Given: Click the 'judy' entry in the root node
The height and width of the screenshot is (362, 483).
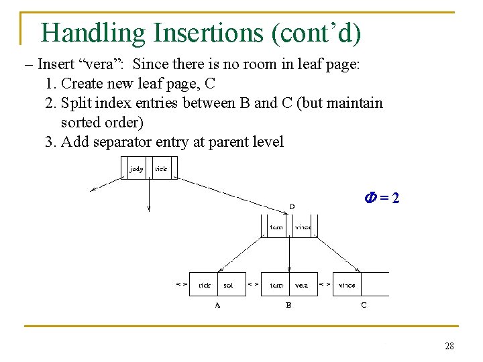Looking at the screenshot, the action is coord(136,169).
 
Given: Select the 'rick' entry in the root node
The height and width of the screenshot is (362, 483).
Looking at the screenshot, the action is coord(162,169).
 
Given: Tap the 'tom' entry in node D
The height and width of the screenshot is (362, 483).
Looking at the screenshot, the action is coord(276,227).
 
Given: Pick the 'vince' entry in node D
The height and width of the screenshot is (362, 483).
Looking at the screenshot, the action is coord(303,227).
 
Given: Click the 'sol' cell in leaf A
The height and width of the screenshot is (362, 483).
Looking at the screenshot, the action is coord(228,285).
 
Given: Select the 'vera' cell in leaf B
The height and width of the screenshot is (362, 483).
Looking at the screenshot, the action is coord(302,285).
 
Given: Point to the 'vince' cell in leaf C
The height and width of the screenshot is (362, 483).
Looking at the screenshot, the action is coord(347,285).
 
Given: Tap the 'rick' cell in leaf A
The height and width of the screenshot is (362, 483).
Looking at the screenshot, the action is coord(205,285).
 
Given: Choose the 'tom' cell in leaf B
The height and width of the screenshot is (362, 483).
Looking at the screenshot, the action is coord(276,285).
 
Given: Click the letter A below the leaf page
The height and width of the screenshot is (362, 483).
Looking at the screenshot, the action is coord(217,306).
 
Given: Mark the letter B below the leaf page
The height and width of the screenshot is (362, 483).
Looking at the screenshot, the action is coord(288,306).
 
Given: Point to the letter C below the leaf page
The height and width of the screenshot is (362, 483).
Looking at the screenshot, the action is coord(364,306).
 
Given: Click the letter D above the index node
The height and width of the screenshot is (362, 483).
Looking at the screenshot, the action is coord(292,206).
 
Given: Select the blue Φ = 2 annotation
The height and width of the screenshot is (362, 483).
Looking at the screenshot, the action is coord(382,198).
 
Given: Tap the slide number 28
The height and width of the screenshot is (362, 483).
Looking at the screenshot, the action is coord(449,346).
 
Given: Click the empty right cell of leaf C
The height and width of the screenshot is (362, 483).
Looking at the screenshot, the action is coord(376,284).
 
